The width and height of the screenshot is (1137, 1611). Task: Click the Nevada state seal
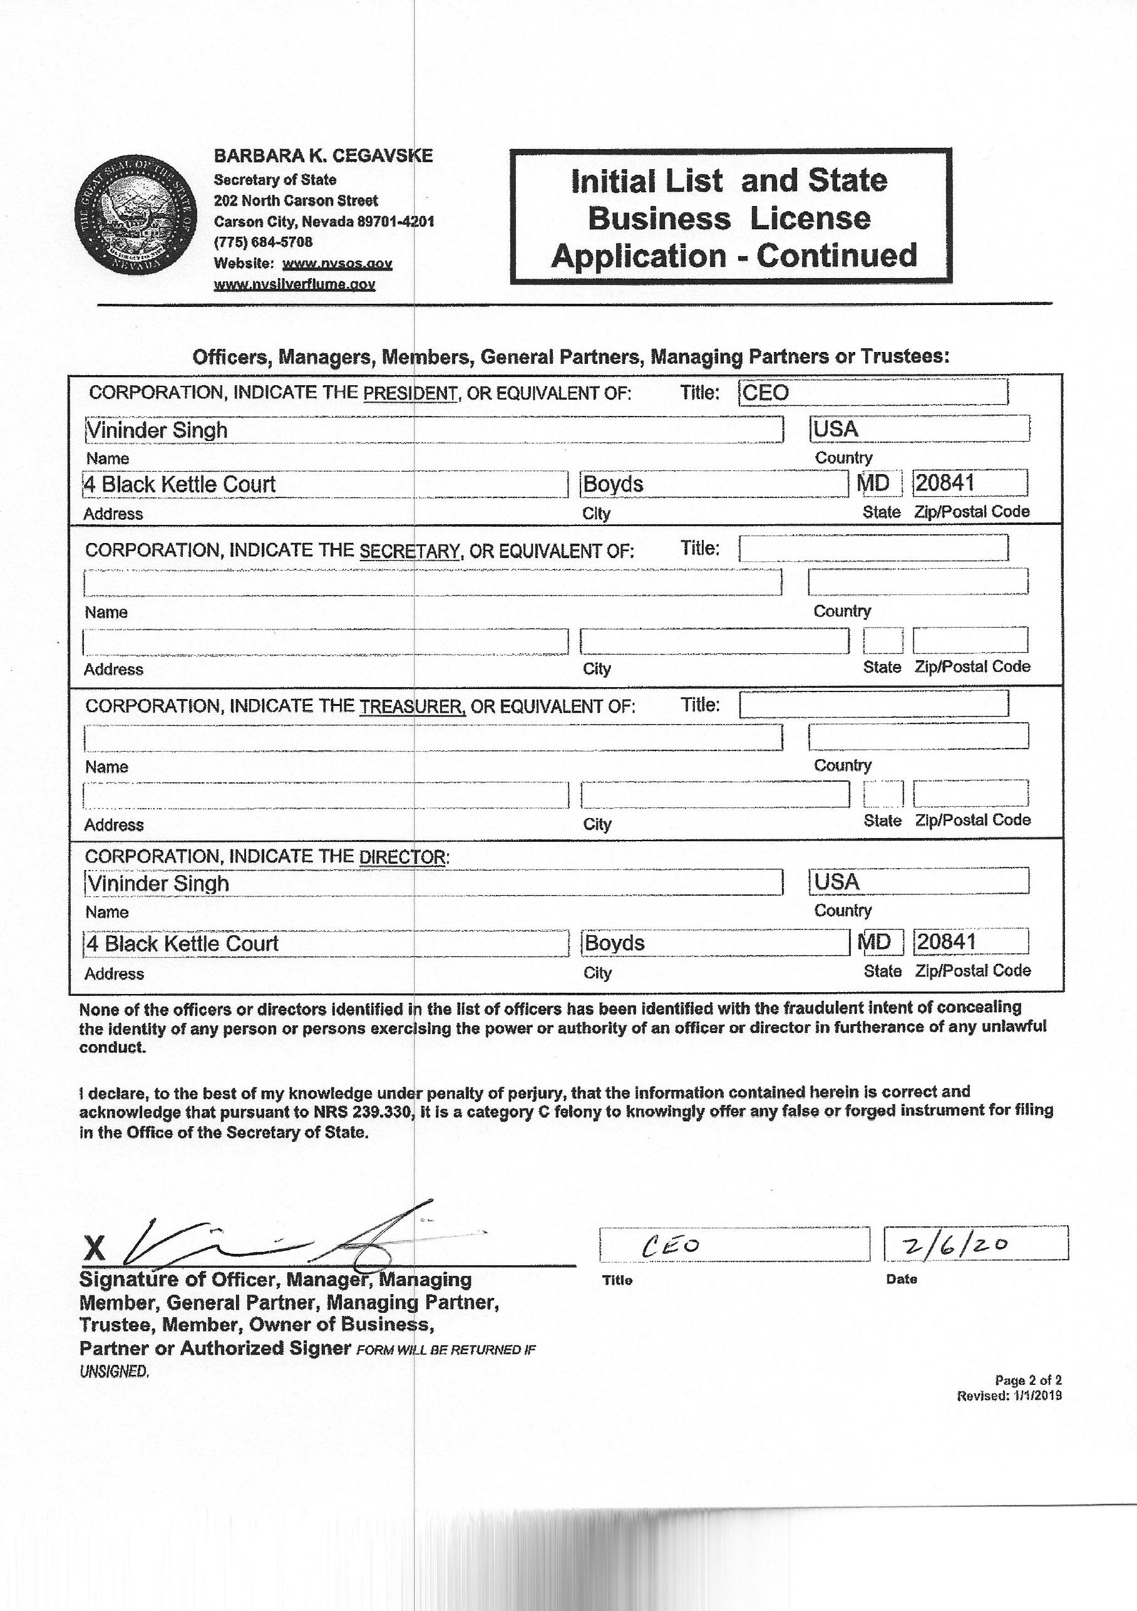[x=135, y=216]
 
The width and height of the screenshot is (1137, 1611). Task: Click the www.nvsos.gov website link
[x=337, y=264]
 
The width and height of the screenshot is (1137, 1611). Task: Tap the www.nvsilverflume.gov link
[x=295, y=284]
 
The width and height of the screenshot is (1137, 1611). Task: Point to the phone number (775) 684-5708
[x=263, y=242]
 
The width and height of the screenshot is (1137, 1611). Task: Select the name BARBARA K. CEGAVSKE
[x=323, y=156]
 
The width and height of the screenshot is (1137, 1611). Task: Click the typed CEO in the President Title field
[x=765, y=393]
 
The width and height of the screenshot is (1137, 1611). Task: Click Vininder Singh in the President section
[x=157, y=430]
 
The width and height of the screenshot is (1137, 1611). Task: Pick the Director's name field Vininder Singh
[x=158, y=883]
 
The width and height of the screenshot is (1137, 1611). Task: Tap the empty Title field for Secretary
[x=873, y=548]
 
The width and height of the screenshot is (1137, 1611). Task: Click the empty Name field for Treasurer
[x=433, y=737]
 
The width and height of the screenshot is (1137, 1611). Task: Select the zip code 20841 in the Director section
[x=946, y=941]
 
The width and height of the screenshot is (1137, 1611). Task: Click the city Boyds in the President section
[x=613, y=484]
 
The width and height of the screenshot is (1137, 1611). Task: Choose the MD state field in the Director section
[x=875, y=941]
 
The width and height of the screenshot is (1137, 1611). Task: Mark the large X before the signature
[x=95, y=1248]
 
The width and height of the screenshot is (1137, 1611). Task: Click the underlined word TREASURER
[x=413, y=707]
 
